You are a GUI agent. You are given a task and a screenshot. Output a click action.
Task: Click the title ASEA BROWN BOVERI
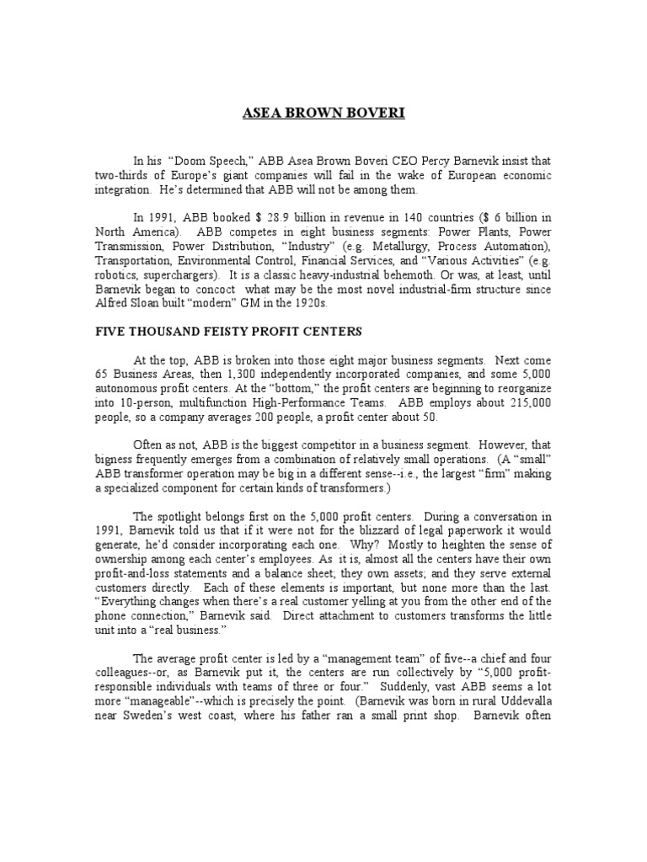pyautogui.click(x=323, y=113)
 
